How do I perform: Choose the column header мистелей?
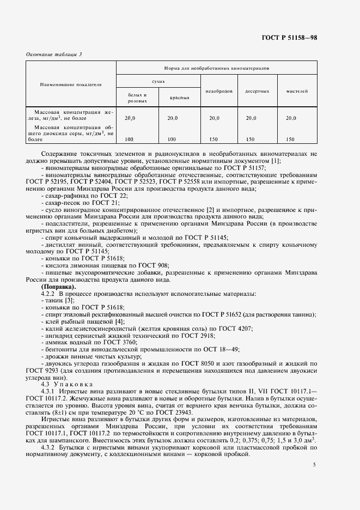tap(297, 91)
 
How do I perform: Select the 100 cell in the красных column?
tap(172, 139)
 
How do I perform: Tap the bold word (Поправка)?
tap(59, 287)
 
